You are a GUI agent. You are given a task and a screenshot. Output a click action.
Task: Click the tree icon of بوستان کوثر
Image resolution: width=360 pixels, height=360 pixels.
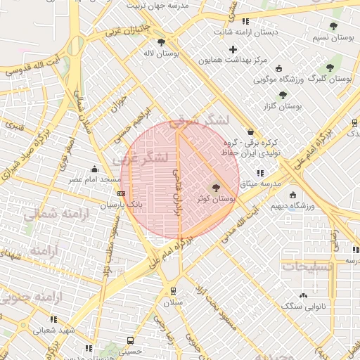216,188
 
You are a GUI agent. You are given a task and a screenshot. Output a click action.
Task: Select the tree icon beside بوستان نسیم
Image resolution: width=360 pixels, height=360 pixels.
333,27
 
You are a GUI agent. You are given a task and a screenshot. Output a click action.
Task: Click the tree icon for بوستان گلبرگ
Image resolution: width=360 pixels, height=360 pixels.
329,68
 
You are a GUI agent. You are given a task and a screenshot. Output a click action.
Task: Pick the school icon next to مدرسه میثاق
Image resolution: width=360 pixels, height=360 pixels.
259,172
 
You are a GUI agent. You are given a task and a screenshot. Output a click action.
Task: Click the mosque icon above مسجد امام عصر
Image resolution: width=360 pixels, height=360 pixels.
94,169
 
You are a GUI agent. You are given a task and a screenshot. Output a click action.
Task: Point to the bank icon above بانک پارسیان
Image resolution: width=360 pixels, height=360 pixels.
122,194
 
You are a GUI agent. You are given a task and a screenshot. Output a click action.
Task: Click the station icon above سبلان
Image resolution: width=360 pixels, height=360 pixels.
173,290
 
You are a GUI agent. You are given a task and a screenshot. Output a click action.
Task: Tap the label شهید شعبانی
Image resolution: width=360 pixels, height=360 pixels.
53,330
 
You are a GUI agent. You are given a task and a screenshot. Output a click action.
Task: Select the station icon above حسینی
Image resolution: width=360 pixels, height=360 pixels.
130,340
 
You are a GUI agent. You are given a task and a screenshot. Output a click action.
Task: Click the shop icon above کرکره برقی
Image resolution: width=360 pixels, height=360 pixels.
250,131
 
